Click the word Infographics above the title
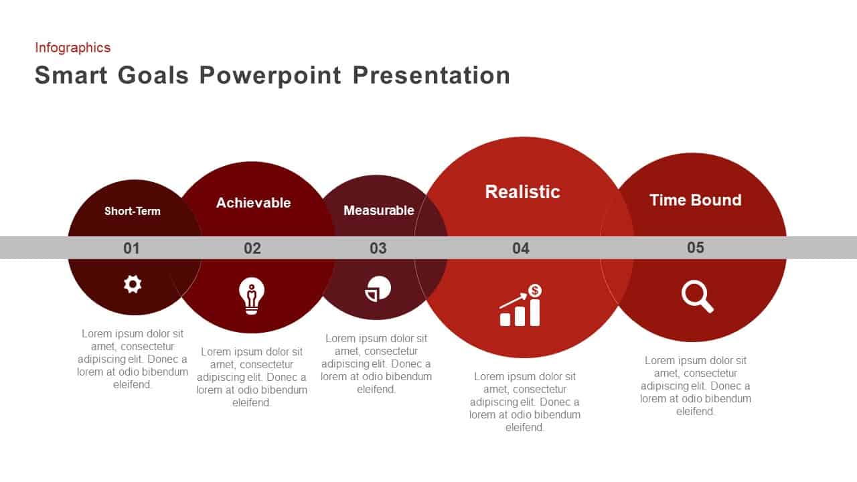click(x=73, y=48)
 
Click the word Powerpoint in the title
click(x=270, y=76)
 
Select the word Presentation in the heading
click(x=431, y=75)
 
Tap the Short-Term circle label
click(x=133, y=211)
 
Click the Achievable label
click(x=253, y=203)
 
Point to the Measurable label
click(x=379, y=210)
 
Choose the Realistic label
click(x=523, y=191)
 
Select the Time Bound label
click(x=696, y=200)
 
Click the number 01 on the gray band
click(x=131, y=248)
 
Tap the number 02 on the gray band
click(x=252, y=248)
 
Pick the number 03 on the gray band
click(x=378, y=248)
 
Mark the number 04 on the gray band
click(x=521, y=248)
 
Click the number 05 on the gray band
click(x=695, y=248)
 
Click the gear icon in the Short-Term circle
click(x=133, y=285)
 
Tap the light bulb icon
click(x=251, y=296)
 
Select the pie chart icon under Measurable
click(x=378, y=289)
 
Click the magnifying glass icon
click(x=697, y=297)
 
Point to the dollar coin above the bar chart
click(x=535, y=291)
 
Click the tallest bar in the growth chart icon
click(x=535, y=313)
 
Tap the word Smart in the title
click(x=71, y=75)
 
